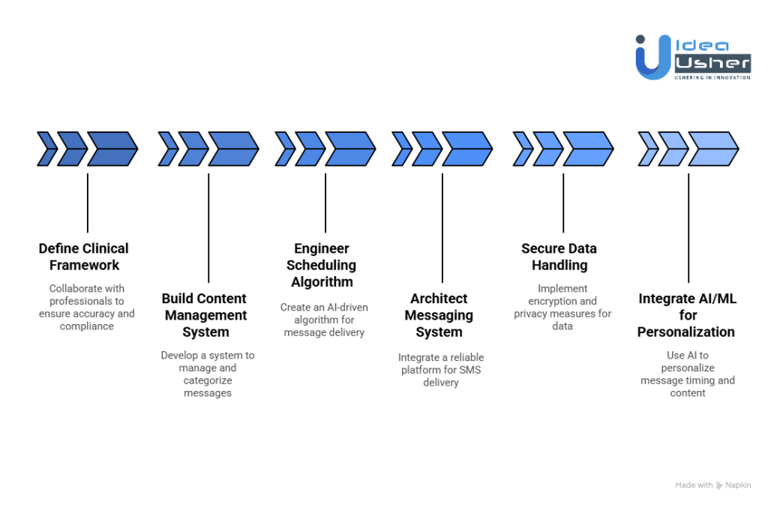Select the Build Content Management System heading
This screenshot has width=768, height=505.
point(205,315)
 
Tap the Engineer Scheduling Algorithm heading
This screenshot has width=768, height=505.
point(321,265)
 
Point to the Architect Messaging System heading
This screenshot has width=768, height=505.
point(439,315)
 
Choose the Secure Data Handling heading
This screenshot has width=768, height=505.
point(559,257)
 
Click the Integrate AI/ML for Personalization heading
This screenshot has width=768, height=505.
point(686,315)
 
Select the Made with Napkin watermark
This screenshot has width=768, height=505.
point(712,485)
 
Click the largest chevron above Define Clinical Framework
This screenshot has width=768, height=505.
point(112,149)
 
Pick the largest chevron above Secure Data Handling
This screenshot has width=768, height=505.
point(588,149)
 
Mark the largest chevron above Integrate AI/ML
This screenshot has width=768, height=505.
point(713,149)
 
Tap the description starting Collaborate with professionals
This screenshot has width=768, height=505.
point(87,307)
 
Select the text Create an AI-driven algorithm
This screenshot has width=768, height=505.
point(324,320)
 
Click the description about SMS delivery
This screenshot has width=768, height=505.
point(441,370)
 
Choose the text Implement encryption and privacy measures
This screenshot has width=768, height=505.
point(562,307)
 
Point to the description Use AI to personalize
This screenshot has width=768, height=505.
point(688,374)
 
